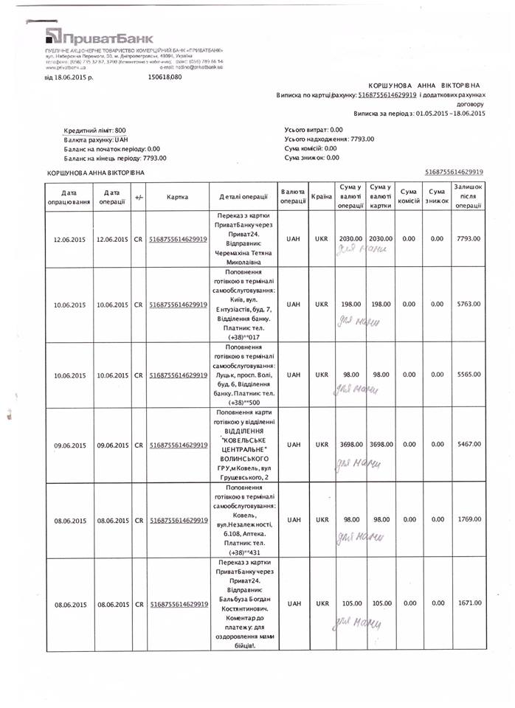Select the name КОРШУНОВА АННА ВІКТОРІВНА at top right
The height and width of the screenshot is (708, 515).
pyautogui.click(x=428, y=86)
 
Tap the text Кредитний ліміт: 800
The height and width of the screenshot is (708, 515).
pyautogui.click(x=95, y=130)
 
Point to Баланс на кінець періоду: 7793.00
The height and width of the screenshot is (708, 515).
pyautogui.click(x=116, y=157)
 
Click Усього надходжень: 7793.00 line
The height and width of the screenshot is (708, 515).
pyautogui.click(x=329, y=139)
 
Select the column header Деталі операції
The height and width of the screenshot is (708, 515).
pyautogui.click(x=238, y=197)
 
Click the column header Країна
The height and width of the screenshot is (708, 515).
pyautogui.click(x=322, y=197)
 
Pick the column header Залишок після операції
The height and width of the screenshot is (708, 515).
pyautogui.click(x=469, y=197)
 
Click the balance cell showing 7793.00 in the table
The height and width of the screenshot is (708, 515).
pyautogui.click(x=469, y=239)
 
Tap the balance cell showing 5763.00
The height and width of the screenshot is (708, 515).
pyautogui.click(x=469, y=304)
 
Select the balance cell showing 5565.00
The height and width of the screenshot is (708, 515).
pyautogui.click(x=469, y=375)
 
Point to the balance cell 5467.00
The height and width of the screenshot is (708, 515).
pyautogui.click(x=469, y=445)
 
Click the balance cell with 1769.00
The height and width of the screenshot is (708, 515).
pyautogui.click(x=469, y=520)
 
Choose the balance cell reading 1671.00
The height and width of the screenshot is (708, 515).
pyautogui.click(x=469, y=603)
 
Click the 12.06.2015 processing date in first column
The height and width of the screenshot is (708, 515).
pyautogui.click(x=70, y=239)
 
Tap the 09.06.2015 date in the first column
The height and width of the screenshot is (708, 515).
pyautogui.click(x=70, y=445)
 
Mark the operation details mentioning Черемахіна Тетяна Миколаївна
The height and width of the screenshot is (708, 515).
pyautogui.click(x=238, y=239)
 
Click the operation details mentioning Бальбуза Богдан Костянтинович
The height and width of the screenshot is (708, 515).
pyautogui.click(x=238, y=603)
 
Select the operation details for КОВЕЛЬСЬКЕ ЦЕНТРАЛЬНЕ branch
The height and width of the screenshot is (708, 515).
pyautogui.click(x=238, y=445)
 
